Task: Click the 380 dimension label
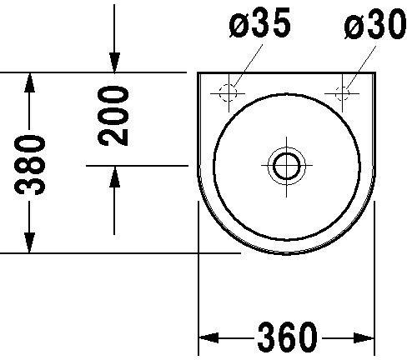coord(30,165)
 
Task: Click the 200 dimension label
coord(113,116)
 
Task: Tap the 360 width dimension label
coord(288,337)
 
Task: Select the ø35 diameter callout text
coord(260,22)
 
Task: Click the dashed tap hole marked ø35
coord(229,92)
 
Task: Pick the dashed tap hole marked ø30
coord(342,93)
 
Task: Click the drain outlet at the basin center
coord(287,165)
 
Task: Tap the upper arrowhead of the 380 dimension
coord(30,82)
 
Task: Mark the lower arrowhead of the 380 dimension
coord(30,243)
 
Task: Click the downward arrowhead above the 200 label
coord(114,62)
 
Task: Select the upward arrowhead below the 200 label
coord(114,177)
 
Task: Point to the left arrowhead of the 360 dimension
coord(209,337)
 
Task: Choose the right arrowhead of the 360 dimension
coord(364,337)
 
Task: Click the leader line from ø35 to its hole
coord(248,66)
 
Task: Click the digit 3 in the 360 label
coord(267,337)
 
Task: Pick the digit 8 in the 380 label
coord(30,166)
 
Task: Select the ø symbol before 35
coord(239,27)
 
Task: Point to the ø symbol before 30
coord(354,27)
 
